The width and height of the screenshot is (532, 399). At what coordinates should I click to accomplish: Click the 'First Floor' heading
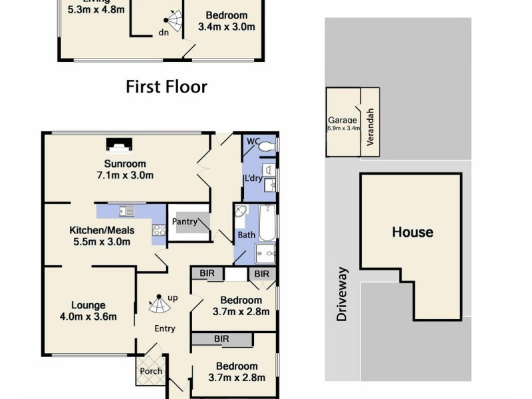166,87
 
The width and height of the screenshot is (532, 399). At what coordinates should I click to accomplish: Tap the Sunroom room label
124,164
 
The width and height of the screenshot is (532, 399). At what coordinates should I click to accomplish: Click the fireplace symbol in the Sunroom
120,144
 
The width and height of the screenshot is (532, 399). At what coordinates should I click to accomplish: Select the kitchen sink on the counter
126,211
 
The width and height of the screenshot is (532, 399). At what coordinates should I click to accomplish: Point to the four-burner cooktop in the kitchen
160,230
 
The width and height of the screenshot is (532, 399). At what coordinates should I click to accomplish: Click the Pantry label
184,221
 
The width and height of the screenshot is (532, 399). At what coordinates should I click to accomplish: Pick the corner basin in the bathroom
241,213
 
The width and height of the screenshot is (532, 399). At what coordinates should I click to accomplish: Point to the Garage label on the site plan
342,120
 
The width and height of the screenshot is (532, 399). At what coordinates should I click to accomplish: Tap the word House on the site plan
412,232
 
